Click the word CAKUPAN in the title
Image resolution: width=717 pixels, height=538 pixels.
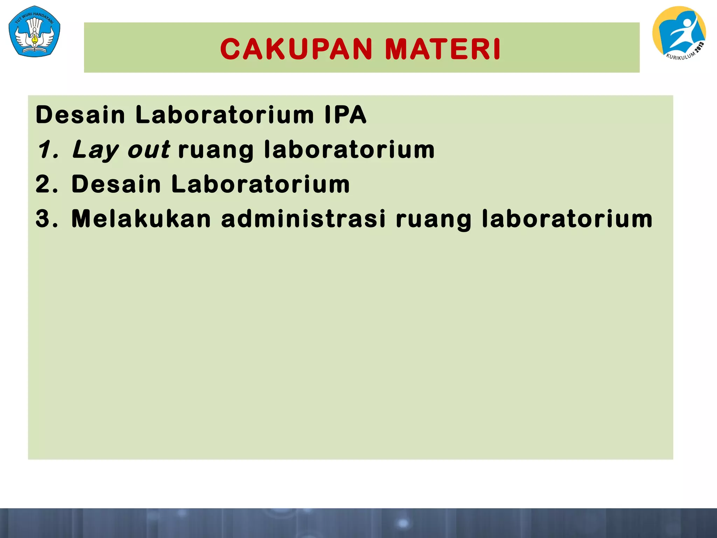pyautogui.click(x=296, y=49)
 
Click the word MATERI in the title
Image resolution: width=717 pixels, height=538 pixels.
pyautogui.click(x=443, y=49)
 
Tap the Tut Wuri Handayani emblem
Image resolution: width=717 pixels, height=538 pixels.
pyautogui.click(x=34, y=32)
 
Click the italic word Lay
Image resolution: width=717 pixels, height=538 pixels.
pyautogui.click(x=96, y=150)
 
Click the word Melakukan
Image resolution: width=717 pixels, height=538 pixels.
pyautogui.click(x=141, y=219)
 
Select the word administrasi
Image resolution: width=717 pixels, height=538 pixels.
pyautogui.click(x=304, y=219)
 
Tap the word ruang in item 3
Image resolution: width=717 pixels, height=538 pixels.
pyautogui.click(x=434, y=219)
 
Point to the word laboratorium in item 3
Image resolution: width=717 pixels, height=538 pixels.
pyautogui.click(x=567, y=219)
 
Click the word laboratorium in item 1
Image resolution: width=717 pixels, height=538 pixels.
pyautogui.click(x=349, y=150)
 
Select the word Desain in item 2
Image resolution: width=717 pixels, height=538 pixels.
pyautogui.click(x=116, y=184)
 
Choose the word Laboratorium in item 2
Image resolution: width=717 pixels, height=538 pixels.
pyautogui.click(x=260, y=184)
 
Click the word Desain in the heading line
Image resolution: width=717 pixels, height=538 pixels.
pyautogui.click(x=80, y=115)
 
